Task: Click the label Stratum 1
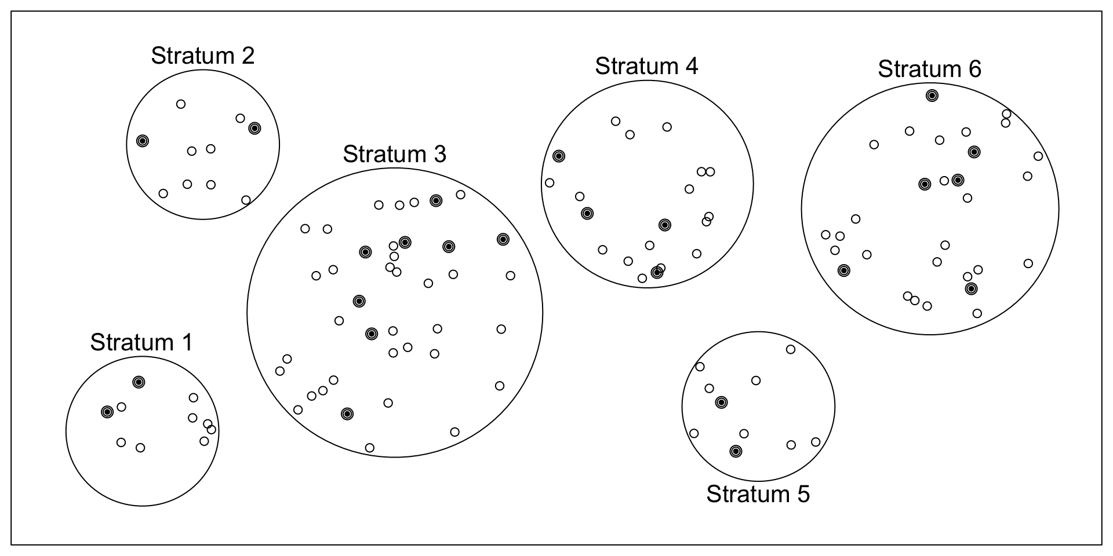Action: click(x=141, y=342)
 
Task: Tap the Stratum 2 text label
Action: click(x=203, y=56)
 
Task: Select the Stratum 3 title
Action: click(x=395, y=154)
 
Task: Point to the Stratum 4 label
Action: click(x=646, y=66)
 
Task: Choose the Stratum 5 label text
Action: click(x=758, y=494)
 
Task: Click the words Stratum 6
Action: click(x=929, y=69)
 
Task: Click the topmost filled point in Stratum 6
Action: click(x=932, y=96)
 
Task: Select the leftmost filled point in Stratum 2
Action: click(x=143, y=141)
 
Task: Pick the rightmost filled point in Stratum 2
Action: click(x=254, y=128)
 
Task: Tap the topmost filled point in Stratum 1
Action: click(x=139, y=382)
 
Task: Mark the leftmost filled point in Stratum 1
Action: click(x=107, y=412)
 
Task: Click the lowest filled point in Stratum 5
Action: click(x=736, y=451)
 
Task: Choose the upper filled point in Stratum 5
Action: click(x=721, y=402)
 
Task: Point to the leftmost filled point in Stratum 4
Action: click(x=559, y=156)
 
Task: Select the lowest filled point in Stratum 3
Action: click(x=347, y=414)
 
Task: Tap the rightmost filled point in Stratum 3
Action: click(x=503, y=239)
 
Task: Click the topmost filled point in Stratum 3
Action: click(x=436, y=200)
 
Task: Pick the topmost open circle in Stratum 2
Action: click(x=181, y=104)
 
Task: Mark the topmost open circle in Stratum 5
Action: click(x=791, y=349)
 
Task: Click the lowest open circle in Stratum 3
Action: click(x=370, y=448)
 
